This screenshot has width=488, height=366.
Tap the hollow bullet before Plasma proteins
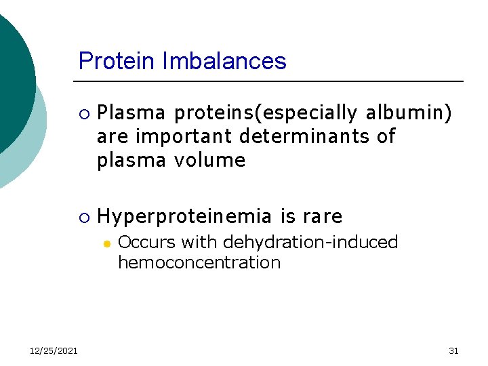coord(83,113)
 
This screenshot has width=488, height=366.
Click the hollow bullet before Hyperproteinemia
coord(83,217)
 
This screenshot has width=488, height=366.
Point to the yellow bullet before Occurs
coord(106,243)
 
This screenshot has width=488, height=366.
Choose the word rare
coord(323,217)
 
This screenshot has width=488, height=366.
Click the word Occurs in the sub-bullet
coord(144,242)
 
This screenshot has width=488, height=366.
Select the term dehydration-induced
coord(310,242)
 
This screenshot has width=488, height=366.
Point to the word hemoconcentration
coord(199,262)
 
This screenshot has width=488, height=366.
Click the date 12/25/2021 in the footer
coord(54,350)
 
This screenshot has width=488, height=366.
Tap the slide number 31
coord(453,350)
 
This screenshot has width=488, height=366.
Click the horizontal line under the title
coord(271,81)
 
